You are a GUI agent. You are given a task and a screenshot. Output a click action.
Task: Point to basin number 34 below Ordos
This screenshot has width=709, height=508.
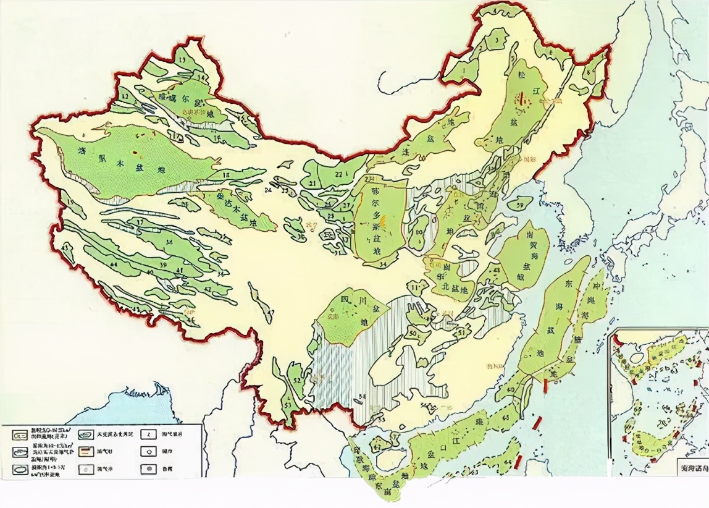pos(382,265)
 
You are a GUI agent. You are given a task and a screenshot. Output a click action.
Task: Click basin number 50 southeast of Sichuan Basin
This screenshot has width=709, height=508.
pos(411,334)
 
